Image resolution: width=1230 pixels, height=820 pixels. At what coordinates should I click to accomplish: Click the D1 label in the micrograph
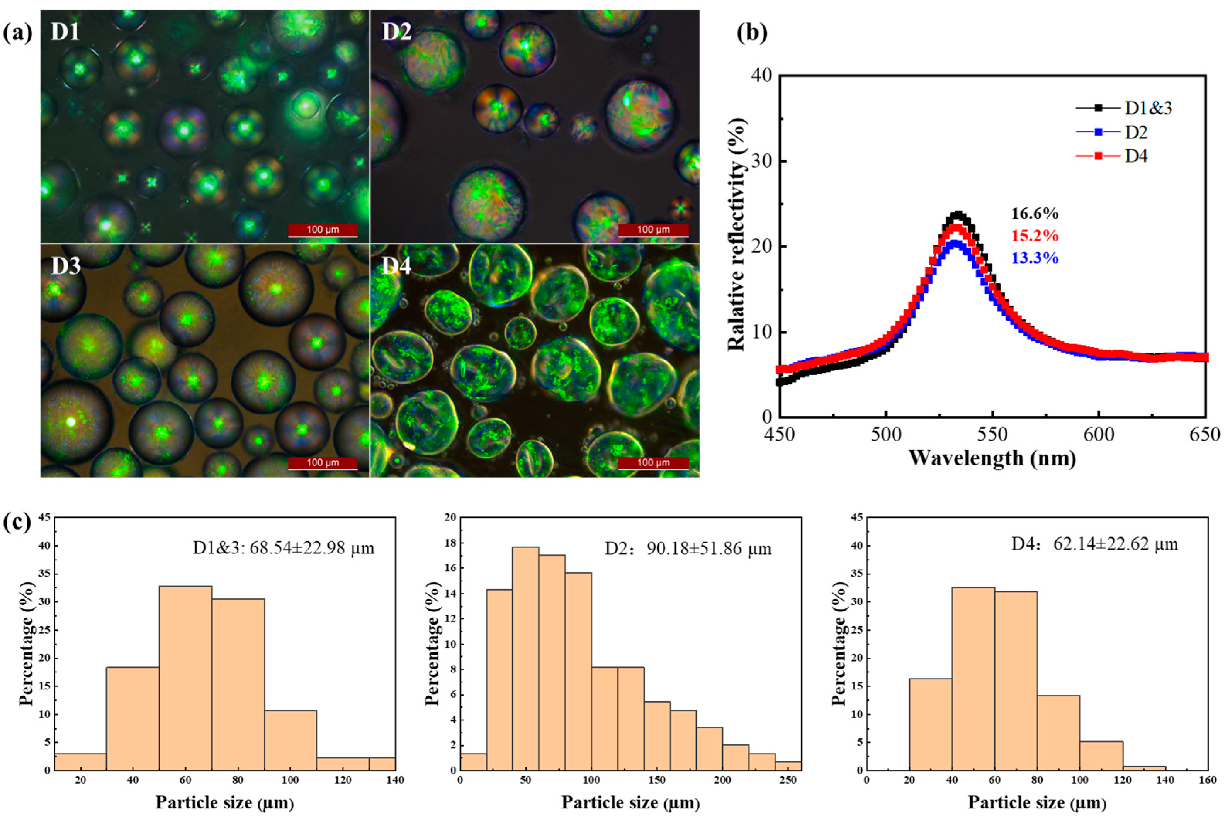coord(65,32)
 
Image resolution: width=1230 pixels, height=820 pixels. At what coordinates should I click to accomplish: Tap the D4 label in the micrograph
coord(396,266)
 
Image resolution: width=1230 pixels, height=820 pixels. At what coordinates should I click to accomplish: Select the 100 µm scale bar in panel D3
coord(323,463)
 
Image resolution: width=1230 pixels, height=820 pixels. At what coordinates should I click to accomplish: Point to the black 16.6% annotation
coord(1035,213)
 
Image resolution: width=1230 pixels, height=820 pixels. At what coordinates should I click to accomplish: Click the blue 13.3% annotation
coord(1035,258)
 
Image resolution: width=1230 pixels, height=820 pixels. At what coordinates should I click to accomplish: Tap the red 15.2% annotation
coord(1035,236)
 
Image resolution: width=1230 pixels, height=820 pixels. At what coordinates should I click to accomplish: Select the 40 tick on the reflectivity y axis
coord(761,76)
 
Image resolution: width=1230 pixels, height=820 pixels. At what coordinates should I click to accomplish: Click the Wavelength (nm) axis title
coord(992,458)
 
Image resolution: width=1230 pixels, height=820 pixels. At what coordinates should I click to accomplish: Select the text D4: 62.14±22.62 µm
coord(1094,544)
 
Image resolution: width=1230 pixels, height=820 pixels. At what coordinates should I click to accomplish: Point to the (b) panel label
coord(751,32)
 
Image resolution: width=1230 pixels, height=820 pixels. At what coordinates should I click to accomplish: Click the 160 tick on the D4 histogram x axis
coord(1208,780)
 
